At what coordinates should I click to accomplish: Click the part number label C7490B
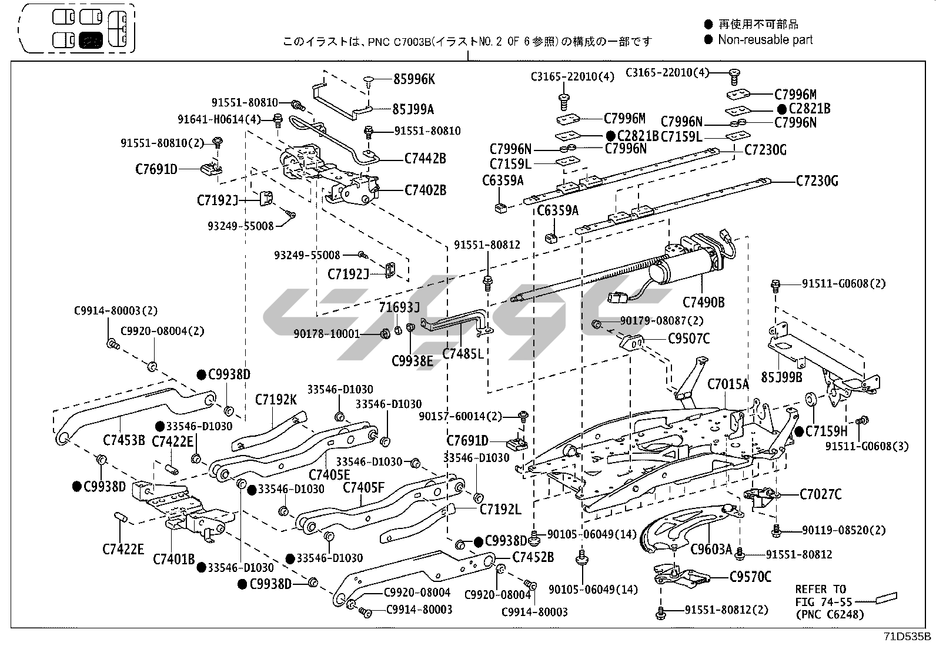[x=703, y=302]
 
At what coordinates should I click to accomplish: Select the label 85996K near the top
[x=414, y=79]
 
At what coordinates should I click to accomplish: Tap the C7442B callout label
[x=425, y=158]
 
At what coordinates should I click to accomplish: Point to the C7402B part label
[x=425, y=190]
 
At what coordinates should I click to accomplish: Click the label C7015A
[x=728, y=384]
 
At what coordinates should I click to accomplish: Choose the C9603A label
[x=711, y=549]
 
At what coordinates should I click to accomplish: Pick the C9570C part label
[x=750, y=577]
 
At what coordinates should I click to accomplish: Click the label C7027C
[x=820, y=494]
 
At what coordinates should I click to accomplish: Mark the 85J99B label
[x=781, y=377]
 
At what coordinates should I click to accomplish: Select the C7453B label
[x=123, y=440]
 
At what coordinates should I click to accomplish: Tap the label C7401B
[x=173, y=558]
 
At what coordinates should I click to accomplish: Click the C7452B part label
[x=533, y=557]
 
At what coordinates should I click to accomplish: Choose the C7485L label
[x=463, y=353]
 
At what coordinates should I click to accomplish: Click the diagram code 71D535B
[x=907, y=636]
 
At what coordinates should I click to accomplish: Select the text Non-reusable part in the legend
[x=765, y=40]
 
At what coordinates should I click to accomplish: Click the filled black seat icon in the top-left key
[x=91, y=40]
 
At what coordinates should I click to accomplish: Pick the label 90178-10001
[x=326, y=334]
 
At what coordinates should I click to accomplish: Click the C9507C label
[x=688, y=339]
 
